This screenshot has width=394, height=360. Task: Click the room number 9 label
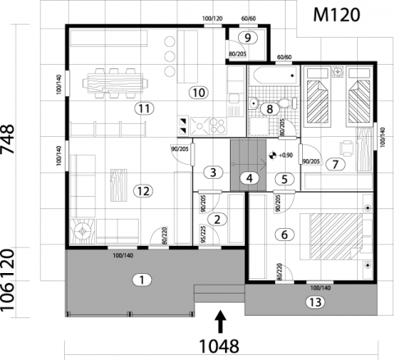248,38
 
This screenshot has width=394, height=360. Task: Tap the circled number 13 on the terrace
315,303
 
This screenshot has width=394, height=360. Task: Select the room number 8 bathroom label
269,109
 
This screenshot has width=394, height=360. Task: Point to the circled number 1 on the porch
142,280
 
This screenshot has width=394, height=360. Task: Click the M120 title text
337,15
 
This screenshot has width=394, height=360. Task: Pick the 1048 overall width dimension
219,346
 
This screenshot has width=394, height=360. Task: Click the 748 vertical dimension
7,139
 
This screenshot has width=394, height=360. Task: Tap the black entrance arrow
221,321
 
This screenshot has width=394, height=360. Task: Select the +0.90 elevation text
286,155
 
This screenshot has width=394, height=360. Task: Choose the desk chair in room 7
346,148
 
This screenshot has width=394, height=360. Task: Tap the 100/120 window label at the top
213,19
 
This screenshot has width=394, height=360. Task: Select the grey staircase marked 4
248,165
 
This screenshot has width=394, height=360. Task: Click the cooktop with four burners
218,125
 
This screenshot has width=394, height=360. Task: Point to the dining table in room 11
115,83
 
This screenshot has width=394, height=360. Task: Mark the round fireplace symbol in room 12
82,231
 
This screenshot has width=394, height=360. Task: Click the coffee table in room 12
118,185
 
